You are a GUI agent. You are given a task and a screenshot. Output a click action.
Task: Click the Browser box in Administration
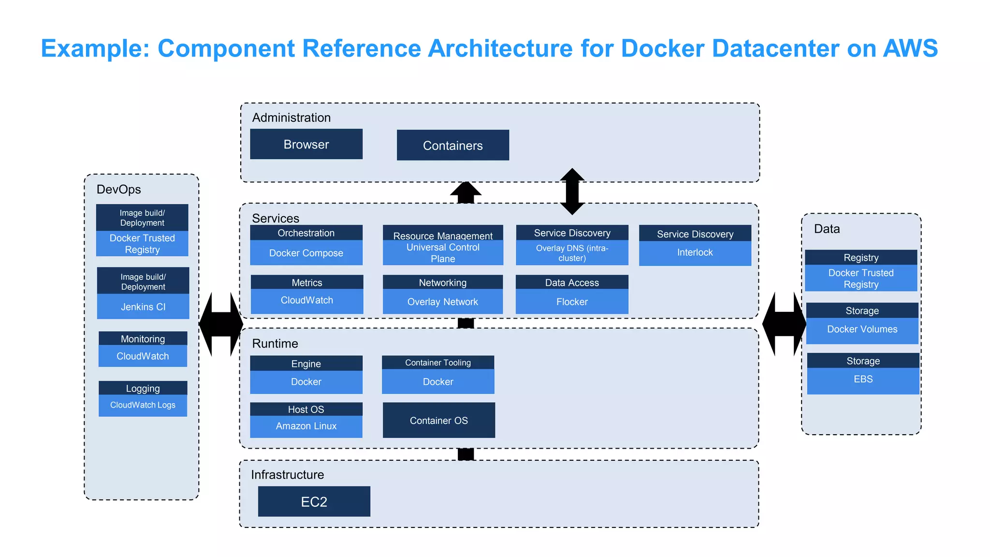click(306, 144)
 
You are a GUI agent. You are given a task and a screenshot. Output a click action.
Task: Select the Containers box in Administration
click(452, 145)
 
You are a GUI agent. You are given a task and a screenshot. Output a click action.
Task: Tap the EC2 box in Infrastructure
click(314, 501)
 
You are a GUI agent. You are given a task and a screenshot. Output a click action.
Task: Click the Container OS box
click(438, 420)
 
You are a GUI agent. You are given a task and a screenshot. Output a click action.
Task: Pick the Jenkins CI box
click(143, 307)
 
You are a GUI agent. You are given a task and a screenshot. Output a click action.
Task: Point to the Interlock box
click(695, 253)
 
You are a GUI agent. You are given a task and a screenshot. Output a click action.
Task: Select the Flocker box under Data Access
click(572, 302)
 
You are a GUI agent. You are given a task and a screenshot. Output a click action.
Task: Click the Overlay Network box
click(442, 302)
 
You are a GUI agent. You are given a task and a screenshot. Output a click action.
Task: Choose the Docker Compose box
click(306, 253)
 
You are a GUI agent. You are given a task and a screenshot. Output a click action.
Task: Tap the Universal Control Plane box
click(442, 253)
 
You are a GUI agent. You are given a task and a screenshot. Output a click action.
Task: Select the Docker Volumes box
click(862, 330)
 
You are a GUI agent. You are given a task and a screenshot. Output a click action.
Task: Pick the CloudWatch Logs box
click(143, 405)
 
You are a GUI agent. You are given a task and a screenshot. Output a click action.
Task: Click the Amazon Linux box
click(306, 426)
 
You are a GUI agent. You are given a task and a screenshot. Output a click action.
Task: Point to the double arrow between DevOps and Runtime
click(221, 324)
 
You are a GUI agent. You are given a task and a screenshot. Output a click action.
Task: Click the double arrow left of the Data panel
click(784, 324)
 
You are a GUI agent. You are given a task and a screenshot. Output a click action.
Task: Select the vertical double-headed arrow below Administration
click(572, 191)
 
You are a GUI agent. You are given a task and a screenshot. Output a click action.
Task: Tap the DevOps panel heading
click(118, 189)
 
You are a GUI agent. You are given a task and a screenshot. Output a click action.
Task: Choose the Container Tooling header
click(437, 363)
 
